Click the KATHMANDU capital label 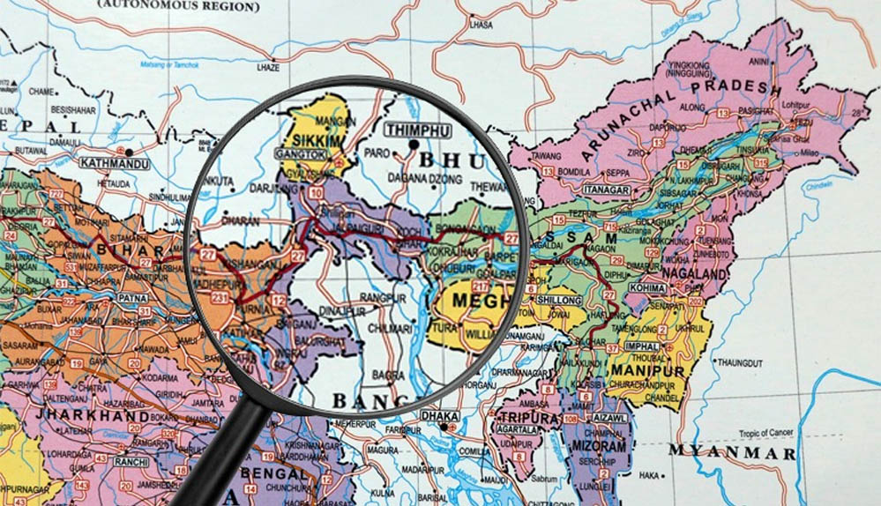point(114,163)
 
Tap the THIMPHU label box point(417,130)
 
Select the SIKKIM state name point(313,139)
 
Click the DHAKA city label point(439,414)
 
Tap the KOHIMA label point(648,288)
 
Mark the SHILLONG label point(559,301)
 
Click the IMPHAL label point(641,346)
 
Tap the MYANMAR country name point(731,453)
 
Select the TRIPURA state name point(530,418)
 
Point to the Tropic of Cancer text point(768,433)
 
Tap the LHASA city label point(482,26)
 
